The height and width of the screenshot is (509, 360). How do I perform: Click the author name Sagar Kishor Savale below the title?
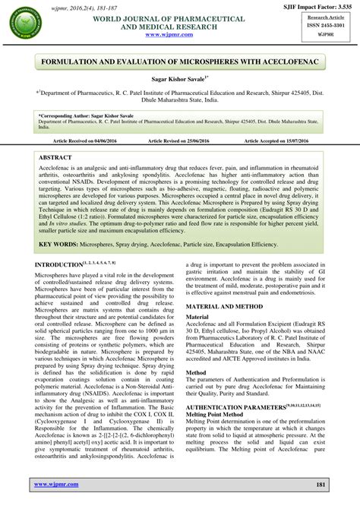[179, 79]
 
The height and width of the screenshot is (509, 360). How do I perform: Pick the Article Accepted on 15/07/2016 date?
[272, 141]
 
